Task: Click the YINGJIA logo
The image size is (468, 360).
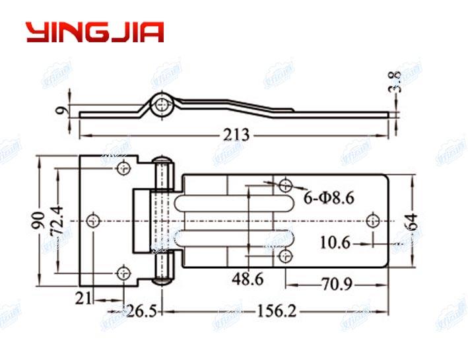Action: (x=94, y=32)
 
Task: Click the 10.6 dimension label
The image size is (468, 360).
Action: (x=335, y=243)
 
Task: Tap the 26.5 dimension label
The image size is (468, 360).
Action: (x=141, y=311)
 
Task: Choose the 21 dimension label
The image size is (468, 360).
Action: (x=83, y=299)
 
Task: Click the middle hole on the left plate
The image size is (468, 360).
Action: (x=94, y=219)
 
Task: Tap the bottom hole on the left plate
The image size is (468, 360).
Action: (x=122, y=271)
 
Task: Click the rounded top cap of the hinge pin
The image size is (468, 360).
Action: (x=161, y=159)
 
